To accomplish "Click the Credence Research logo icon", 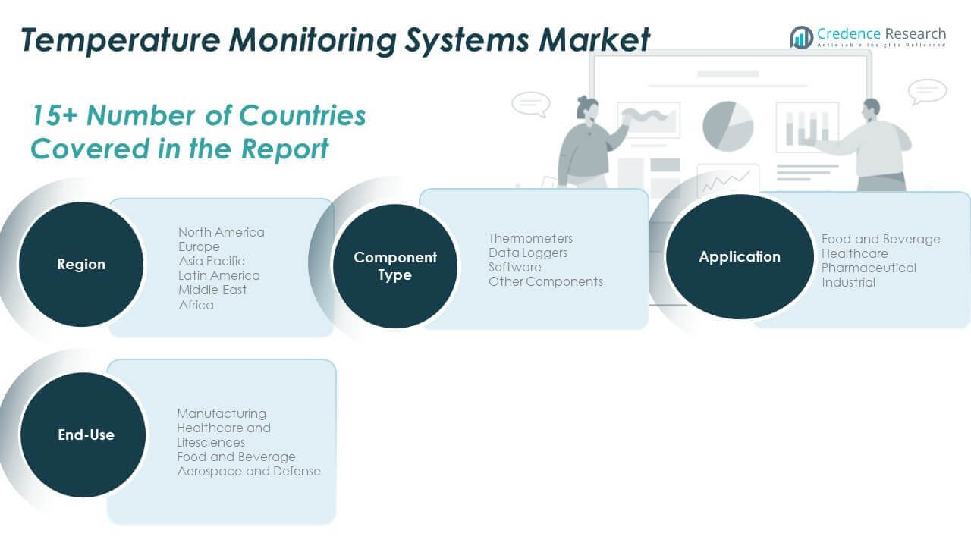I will click(x=801, y=36).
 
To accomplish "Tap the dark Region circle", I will click(x=81, y=264).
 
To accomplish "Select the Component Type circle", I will click(x=395, y=265).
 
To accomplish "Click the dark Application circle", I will click(x=740, y=256).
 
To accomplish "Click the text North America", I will click(x=222, y=232).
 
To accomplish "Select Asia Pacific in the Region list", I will click(x=212, y=261).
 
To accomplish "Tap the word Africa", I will click(x=196, y=305).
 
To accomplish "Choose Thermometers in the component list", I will click(x=530, y=238).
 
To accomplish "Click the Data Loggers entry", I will click(x=528, y=253).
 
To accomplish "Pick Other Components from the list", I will click(x=545, y=281).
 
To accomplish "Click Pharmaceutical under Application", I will click(x=869, y=268).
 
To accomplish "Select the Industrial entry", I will click(x=848, y=282).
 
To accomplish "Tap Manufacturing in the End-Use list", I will click(x=222, y=413).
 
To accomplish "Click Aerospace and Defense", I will click(x=249, y=471).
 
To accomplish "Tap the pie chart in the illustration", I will click(x=727, y=125).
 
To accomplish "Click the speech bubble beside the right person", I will click(x=927, y=92).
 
